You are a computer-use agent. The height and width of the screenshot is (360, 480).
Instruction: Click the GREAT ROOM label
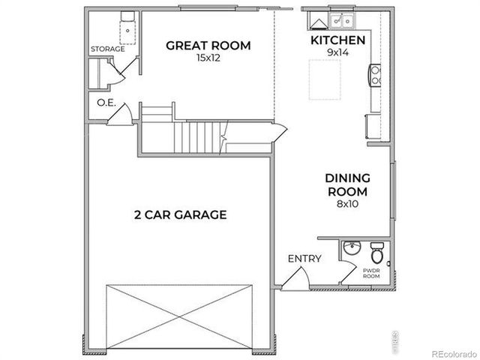208,46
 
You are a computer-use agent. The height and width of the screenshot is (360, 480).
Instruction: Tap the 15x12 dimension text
208,58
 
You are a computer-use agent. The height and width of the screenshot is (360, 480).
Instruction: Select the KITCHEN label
337,40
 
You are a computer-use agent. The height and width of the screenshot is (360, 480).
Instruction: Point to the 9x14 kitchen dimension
337,52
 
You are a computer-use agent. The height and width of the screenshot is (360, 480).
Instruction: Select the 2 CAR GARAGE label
180,215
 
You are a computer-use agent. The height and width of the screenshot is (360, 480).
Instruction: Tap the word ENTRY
304,259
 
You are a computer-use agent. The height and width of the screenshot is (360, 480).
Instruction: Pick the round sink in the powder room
350,249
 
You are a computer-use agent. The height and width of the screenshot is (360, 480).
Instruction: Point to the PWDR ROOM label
371,272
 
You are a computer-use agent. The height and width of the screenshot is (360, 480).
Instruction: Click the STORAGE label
108,49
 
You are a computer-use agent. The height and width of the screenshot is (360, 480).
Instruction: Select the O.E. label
106,103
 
